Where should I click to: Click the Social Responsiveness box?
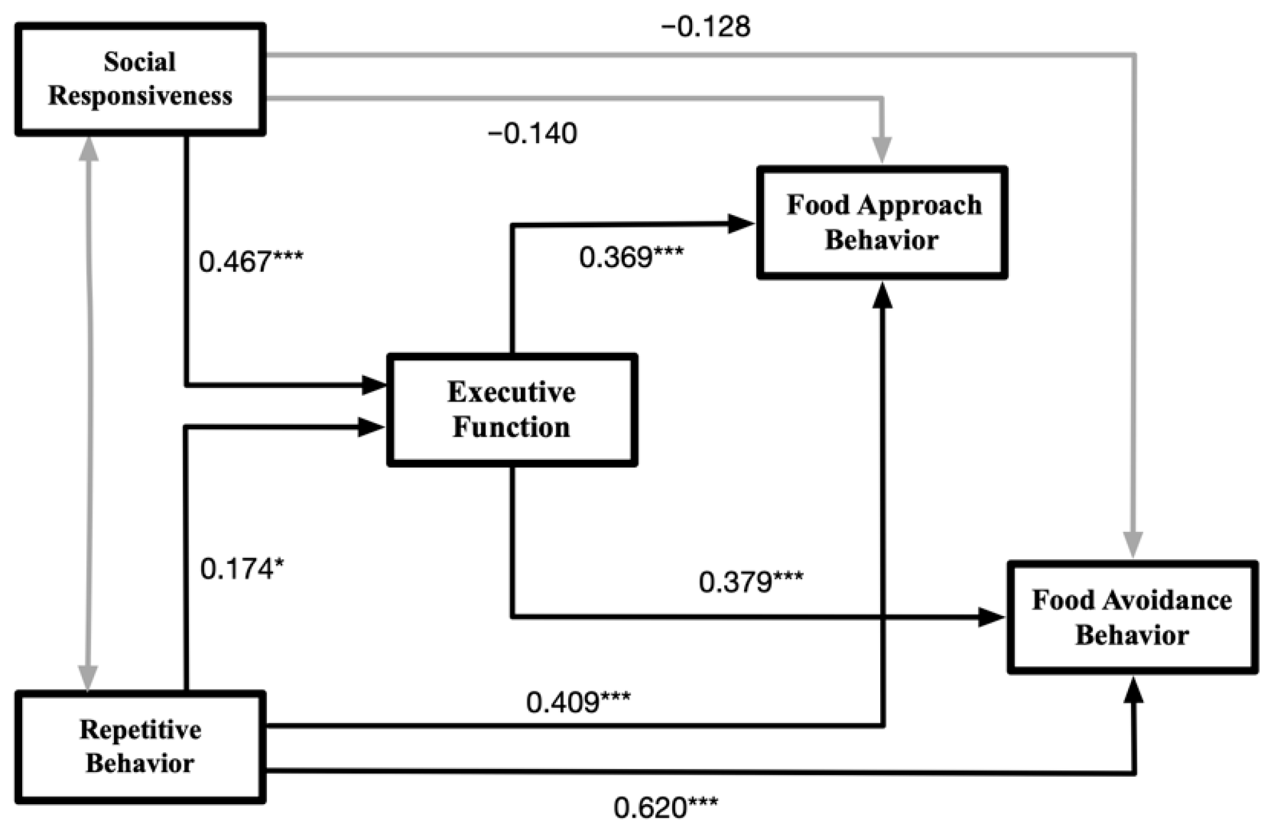[x=140, y=79]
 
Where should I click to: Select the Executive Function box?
[x=512, y=410]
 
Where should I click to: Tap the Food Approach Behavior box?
[x=882, y=223]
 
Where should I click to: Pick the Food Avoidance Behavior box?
[x=1132, y=617]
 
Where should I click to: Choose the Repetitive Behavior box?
[x=140, y=747]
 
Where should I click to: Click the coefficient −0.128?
[x=705, y=27]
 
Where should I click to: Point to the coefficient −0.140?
[x=532, y=134]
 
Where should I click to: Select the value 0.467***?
[x=251, y=261]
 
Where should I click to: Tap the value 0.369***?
[x=631, y=257]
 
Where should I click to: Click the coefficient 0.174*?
[x=242, y=569]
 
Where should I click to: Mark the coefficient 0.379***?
[x=750, y=581]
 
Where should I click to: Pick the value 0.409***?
[x=578, y=702]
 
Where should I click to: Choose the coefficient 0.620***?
[x=666, y=808]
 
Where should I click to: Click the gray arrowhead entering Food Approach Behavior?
[x=882, y=151]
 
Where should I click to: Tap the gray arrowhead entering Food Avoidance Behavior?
[x=1133, y=544]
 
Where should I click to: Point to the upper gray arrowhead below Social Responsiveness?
[x=88, y=149]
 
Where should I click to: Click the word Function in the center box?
[x=511, y=427]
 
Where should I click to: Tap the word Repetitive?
[x=140, y=730]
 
